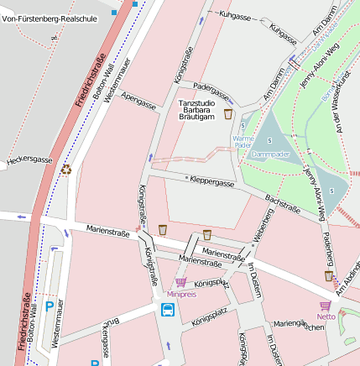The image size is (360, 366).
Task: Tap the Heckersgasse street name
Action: (x=29, y=159)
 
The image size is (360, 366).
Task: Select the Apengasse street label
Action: (x=138, y=102)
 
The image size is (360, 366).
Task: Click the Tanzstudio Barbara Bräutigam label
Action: (x=196, y=110)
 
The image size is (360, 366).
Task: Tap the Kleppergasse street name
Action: (x=211, y=180)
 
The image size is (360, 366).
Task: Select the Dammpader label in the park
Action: (x=270, y=154)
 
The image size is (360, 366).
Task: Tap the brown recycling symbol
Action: (x=65, y=170)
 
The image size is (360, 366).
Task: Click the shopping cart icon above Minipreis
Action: (x=180, y=282)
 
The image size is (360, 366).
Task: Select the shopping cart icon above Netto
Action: (x=326, y=305)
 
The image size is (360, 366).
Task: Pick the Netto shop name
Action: (x=326, y=316)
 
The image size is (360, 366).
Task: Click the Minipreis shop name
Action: (x=181, y=294)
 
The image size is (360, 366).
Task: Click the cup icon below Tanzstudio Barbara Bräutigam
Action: (x=227, y=113)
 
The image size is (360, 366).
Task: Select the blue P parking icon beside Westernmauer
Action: (x=49, y=307)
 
